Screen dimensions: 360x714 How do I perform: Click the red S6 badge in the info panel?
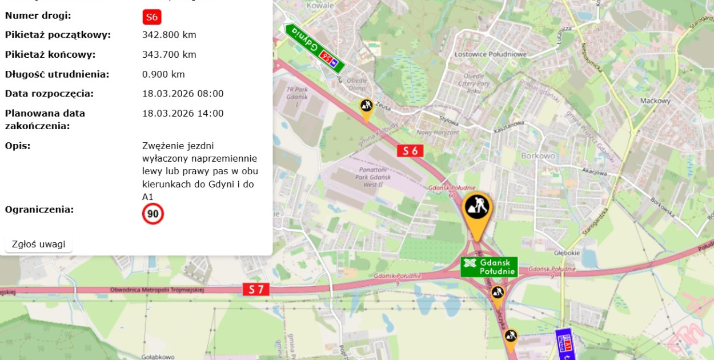(x=151, y=17)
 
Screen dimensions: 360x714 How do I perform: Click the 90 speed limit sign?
(x=153, y=214)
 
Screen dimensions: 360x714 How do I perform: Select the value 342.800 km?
(x=169, y=35)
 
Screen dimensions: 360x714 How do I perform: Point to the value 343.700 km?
(x=169, y=55)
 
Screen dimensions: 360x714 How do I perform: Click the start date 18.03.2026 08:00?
(x=183, y=94)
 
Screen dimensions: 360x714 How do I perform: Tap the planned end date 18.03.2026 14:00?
(x=183, y=113)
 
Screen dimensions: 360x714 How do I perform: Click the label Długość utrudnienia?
(x=57, y=74)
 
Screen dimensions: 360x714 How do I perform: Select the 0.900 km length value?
(x=163, y=74)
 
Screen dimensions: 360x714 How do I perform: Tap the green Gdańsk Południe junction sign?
(x=489, y=267)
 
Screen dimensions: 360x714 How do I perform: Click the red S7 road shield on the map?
(x=255, y=290)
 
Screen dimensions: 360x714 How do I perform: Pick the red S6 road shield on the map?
(x=410, y=151)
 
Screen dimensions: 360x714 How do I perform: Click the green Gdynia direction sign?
(x=315, y=48)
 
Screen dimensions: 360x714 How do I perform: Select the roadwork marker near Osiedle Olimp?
(x=366, y=107)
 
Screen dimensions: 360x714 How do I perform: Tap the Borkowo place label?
(x=538, y=155)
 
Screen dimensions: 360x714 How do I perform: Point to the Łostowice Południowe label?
(x=490, y=54)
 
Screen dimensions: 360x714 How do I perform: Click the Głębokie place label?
(x=567, y=253)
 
